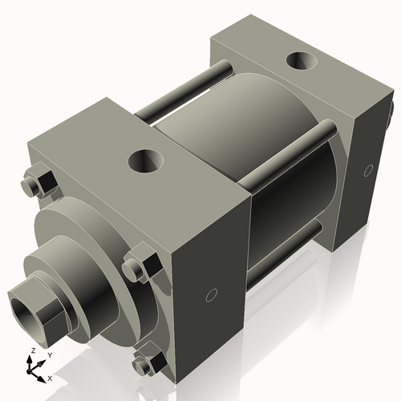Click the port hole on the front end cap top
coord(147,161)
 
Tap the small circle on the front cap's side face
coord(211,294)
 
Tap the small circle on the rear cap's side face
coord(368,169)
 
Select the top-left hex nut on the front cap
coord(37,184)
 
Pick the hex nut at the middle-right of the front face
coord(137,268)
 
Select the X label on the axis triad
coord(50,377)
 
